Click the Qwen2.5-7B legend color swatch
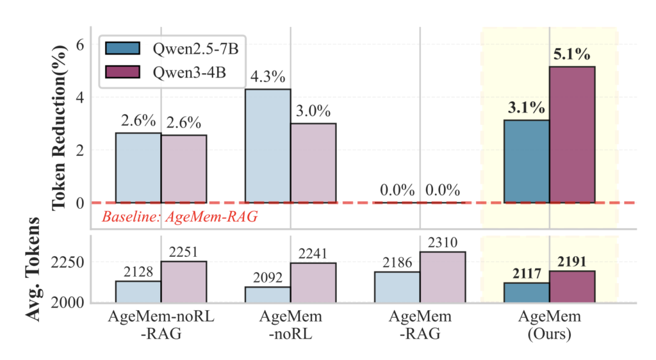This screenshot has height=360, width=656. point(126,48)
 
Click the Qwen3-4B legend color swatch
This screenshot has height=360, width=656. point(126,70)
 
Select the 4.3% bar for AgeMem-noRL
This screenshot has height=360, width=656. point(268,146)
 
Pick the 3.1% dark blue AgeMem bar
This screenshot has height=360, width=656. point(527,161)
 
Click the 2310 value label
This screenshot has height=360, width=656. point(442,243)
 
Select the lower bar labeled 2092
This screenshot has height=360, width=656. point(268,295)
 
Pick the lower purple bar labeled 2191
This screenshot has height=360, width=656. point(571,286)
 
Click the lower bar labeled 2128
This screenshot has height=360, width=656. point(138,291)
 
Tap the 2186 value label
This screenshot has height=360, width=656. point(397,263)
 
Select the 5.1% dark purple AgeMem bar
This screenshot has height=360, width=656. point(571,135)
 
